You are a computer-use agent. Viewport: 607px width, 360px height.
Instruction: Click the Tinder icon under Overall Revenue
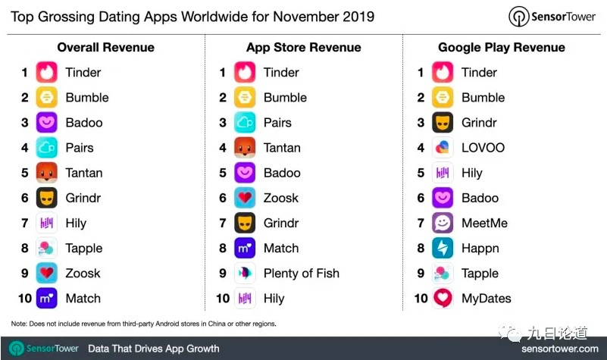[x=46, y=72]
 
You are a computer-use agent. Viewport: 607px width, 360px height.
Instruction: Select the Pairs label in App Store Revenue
[x=277, y=123]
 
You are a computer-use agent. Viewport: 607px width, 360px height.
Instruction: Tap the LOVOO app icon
[x=443, y=148]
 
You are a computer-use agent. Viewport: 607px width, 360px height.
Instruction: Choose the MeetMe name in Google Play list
[x=484, y=223]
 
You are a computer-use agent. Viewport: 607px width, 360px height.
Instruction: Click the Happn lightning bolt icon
[x=443, y=248]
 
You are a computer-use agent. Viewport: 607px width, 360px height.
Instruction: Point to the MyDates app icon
[x=443, y=299]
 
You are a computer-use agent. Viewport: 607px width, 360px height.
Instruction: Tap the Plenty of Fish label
[x=301, y=274]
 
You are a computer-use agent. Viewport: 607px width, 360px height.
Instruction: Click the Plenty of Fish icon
[x=245, y=274]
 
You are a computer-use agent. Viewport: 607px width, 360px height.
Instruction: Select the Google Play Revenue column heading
[x=502, y=48]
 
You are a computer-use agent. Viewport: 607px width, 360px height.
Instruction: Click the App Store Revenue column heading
[x=303, y=48]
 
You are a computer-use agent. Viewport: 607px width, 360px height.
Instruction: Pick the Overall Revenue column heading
[x=105, y=48]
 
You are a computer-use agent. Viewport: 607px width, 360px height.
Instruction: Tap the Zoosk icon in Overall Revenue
[x=46, y=274]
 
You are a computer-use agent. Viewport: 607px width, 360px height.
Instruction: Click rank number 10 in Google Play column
[x=421, y=299]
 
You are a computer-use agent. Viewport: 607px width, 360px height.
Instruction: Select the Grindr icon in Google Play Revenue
[x=443, y=122]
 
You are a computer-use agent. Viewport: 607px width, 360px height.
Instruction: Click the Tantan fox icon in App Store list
[x=245, y=148]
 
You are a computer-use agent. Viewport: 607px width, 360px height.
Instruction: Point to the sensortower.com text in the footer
[x=560, y=349]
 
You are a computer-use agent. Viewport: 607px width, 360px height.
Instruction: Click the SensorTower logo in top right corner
[x=552, y=17]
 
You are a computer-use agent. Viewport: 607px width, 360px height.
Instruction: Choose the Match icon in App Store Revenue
[x=245, y=248]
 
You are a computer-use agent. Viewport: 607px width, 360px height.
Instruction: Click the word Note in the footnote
[x=19, y=324]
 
